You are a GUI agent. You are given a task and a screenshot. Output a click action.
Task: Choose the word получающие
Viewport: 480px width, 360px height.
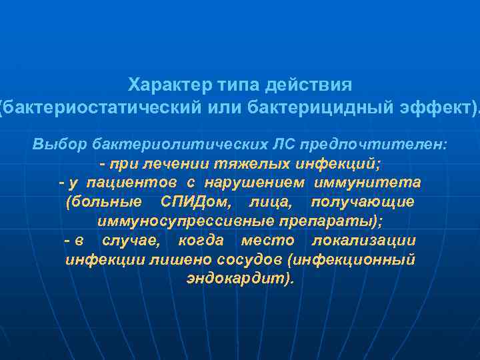363,202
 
